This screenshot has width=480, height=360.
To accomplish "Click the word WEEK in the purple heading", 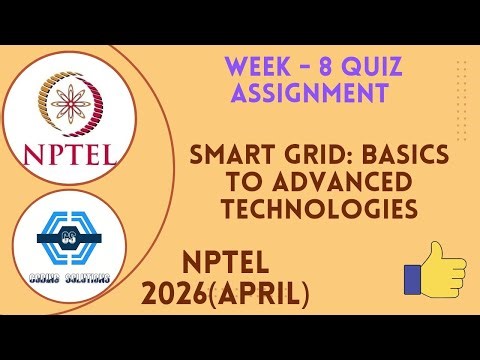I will tap(256, 68).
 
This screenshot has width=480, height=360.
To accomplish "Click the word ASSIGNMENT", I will tap(308, 95).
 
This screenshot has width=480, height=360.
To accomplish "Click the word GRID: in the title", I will tap(304, 156).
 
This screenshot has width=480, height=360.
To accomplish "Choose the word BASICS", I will tap(379, 156).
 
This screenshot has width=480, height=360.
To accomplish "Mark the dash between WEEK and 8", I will tap(299, 68).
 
